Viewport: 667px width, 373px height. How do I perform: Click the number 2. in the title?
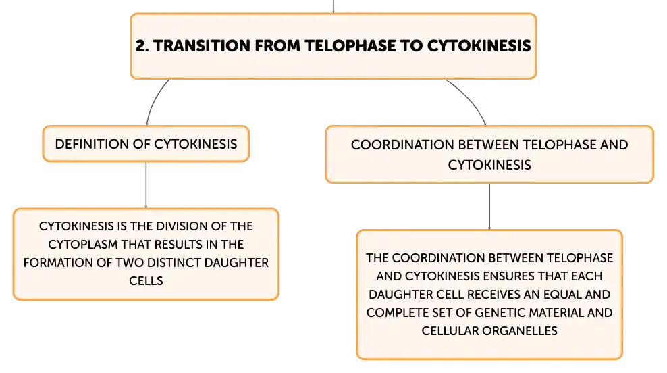(x=142, y=46)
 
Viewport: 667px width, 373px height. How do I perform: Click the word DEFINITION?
(x=92, y=144)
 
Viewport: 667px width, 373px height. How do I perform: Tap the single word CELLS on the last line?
(x=146, y=281)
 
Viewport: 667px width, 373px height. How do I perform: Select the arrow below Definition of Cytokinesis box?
(x=146, y=185)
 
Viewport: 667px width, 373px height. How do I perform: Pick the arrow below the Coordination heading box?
(x=489, y=207)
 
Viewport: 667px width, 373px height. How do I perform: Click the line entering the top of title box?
(x=333, y=6)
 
